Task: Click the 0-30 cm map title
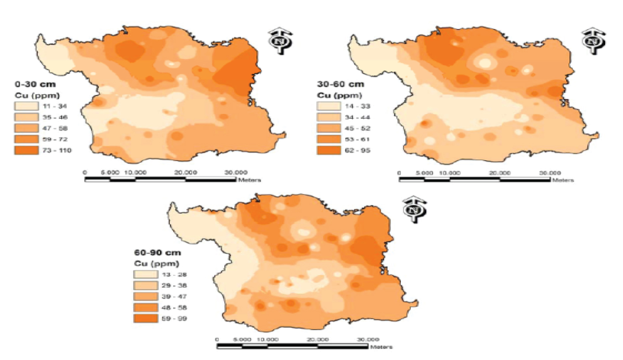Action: point(35,84)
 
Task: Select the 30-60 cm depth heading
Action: point(340,84)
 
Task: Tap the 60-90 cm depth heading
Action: point(157,252)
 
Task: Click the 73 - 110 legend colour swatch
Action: point(26,150)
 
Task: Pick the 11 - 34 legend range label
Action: point(54,106)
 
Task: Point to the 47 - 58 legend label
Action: point(54,128)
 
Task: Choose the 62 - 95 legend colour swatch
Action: point(329,150)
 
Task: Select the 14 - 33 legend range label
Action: point(357,106)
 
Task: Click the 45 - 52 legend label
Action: point(357,128)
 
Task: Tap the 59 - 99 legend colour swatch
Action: point(145,318)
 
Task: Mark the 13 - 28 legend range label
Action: point(174,275)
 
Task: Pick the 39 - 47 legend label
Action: point(174,297)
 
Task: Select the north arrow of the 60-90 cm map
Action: point(414,210)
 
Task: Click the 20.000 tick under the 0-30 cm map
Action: point(185,172)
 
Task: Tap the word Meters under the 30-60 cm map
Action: point(563,180)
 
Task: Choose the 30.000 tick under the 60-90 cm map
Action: point(368,340)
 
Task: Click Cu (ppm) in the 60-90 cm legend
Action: point(157,264)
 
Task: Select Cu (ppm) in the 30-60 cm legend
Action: point(339,96)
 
